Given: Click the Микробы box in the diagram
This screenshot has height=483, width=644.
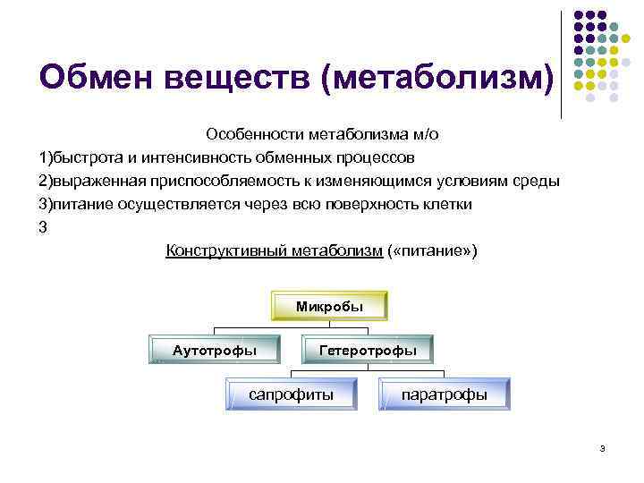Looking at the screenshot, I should (x=329, y=307).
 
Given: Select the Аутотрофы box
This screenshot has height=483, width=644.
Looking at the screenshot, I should (x=214, y=350).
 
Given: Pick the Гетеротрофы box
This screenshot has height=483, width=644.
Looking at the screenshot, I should (x=368, y=350).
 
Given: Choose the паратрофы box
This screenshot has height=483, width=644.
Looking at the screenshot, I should (x=445, y=394).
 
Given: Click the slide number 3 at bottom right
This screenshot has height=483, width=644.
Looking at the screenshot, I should (x=604, y=448).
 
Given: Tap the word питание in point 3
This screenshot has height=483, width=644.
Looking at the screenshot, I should (x=79, y=204).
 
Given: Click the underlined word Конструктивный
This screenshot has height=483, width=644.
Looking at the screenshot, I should (x=228, y=250).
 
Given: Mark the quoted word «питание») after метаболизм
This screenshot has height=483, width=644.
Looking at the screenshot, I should (x=433, y=250).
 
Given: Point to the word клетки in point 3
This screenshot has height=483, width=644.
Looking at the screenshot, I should (x=448, y=204).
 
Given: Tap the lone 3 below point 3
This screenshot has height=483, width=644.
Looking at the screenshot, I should (x=42, y=227).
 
